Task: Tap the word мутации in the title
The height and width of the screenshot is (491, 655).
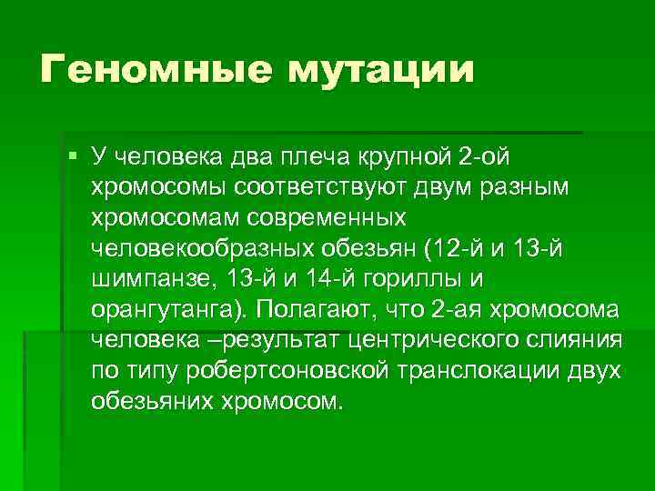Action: (382, 71)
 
